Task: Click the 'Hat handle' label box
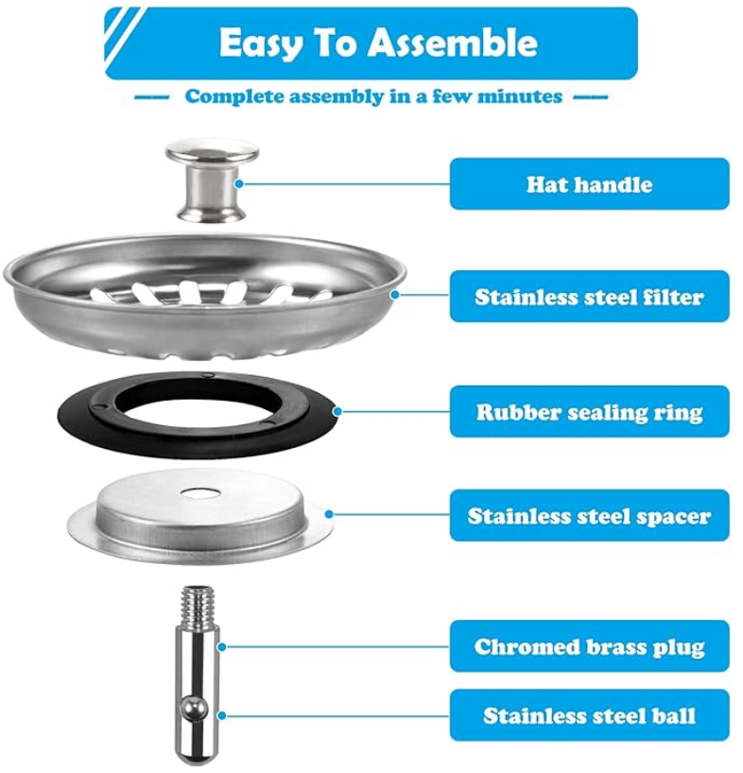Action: click(589, 183)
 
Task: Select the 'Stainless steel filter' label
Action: click(589, 297)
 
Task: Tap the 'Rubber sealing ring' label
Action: click(589, 412)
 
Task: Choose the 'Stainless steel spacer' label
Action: click(589, 516)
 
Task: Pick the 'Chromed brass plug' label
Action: click(589, 646)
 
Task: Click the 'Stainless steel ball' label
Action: click(589, 715)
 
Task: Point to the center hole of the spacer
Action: click(199, 492)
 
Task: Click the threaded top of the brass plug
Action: click(199, 601)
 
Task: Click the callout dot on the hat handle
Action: click(240, 183)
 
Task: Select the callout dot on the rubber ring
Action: click(337, 411)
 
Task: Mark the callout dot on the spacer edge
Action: click(329, 515)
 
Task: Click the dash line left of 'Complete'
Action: click(152, 96)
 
